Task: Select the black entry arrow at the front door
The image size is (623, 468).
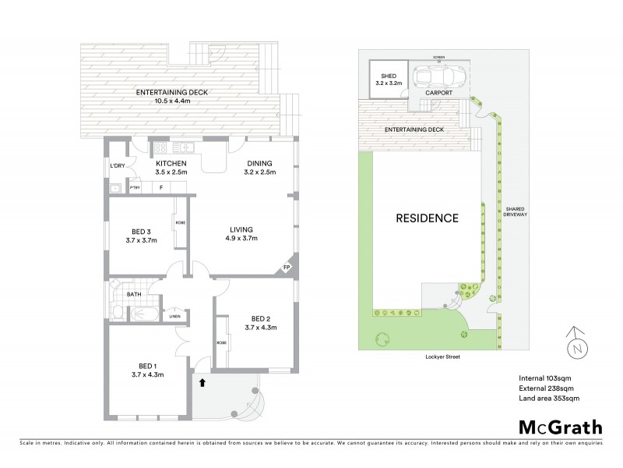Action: click(203, 382)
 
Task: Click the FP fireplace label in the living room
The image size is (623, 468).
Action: click(287, 268)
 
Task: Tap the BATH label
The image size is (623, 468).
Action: click(134, 294)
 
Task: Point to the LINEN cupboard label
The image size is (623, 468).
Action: click(175, 316)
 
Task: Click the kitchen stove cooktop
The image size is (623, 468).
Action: click(162, 147)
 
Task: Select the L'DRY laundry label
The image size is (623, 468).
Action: click(118, 165)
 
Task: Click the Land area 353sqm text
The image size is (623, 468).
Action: click(549, 398)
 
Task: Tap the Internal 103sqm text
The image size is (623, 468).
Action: click(546, 378)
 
